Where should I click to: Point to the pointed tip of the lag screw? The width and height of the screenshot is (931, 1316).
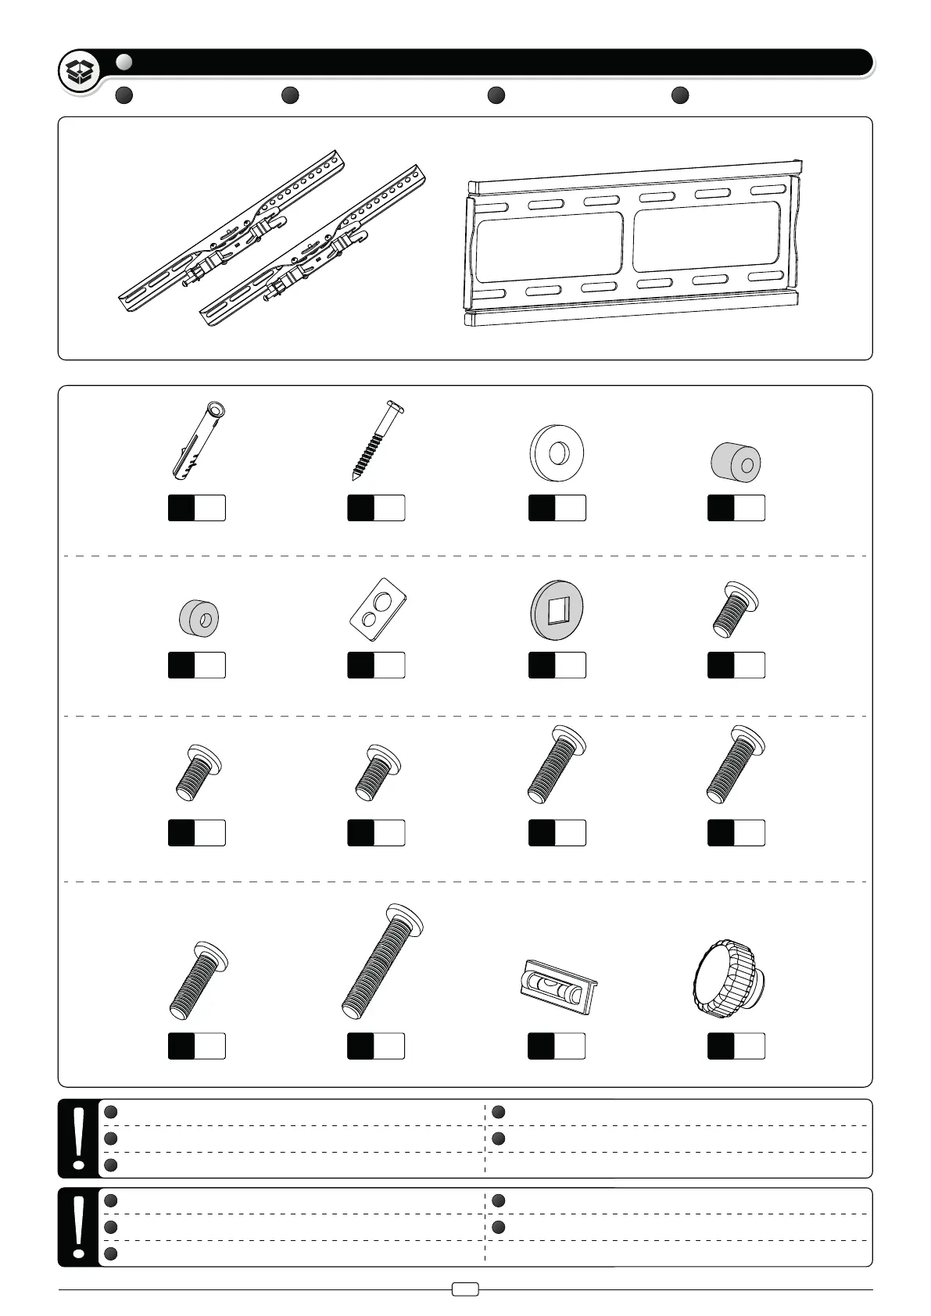(x=354, y=477)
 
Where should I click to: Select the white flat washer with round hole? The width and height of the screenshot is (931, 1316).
(x=556, y=452)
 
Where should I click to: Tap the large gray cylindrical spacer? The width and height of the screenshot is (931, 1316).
(x=736, y=463)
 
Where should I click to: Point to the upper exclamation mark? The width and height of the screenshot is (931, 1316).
(x=78, y=1137)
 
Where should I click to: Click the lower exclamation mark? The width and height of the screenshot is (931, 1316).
(x=78, y=1226)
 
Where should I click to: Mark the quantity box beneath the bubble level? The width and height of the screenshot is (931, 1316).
(x=557, y=1046)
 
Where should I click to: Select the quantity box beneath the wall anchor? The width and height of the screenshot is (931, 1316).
(x=197, y=508)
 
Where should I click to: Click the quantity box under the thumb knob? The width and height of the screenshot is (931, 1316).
(x=736, y=1046)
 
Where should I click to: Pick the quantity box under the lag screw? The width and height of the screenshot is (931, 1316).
(x=376, y=508)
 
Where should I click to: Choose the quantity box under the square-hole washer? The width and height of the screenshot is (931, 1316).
(x=557, y=665)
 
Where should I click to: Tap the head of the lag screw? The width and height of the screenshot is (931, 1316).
(x=396, y=406)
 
